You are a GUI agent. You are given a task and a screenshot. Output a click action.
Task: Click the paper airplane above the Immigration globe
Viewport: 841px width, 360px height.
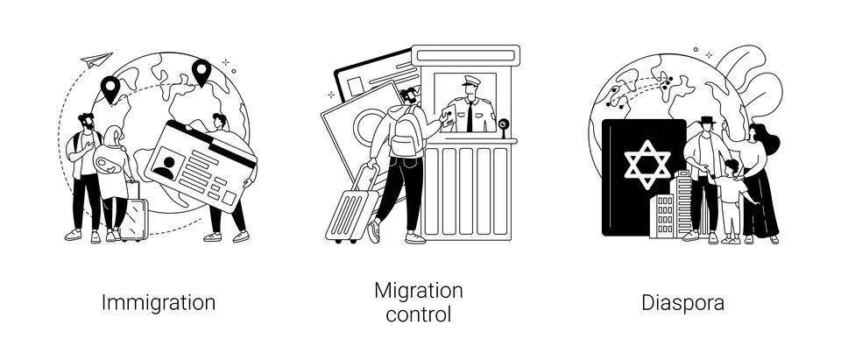pos(96,60)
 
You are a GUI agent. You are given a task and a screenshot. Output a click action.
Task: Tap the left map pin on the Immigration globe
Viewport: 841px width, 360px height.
pos(110,88)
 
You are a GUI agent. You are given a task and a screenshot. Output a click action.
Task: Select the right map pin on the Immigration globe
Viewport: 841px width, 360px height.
pos(201,72)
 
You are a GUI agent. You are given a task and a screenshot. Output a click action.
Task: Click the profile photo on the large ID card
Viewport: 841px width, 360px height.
pos(168,163)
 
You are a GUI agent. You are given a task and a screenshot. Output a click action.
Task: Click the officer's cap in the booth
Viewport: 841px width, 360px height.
pos(471,81)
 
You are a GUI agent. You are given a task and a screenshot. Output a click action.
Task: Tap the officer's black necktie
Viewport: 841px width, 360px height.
pos(470,116)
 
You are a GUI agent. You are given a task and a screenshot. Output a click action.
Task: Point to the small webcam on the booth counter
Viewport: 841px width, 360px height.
pos(503,127)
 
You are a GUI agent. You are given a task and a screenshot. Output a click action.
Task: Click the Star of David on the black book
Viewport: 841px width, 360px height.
pos(647,164)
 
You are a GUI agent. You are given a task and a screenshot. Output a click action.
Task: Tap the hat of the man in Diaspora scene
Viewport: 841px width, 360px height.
pos(706,120)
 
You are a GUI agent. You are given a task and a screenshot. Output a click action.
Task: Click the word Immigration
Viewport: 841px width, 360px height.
pos(159,302)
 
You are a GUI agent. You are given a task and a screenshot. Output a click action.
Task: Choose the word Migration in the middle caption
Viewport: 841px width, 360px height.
pos(419,291)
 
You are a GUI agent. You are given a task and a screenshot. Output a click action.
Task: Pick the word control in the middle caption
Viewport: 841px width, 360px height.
pos(419,314)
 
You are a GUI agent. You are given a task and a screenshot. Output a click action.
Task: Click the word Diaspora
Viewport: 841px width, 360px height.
pos(682,302)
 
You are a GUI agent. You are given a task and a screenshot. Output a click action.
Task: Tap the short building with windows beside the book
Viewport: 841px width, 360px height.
pos(662,215)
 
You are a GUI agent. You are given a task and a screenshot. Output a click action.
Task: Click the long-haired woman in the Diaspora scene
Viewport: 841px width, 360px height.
pos(760,183)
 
